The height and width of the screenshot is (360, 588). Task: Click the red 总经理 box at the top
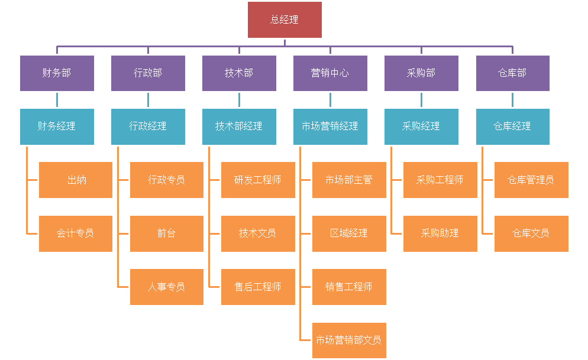tap(285, 20)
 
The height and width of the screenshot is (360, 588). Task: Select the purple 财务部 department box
tap(57, 73)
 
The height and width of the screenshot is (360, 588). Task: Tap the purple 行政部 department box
tap(148, 73)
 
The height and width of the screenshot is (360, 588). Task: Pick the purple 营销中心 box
tap(330, 73)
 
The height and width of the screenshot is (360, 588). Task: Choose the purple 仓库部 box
tap(512, 73)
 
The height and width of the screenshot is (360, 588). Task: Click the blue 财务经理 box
tap(57, 126)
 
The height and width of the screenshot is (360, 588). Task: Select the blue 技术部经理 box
tap(239, 126)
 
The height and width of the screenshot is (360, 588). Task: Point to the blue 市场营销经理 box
tap(330, 126)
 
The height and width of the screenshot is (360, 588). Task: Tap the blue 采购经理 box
tap(421, 126)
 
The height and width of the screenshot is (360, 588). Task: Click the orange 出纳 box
tap(76, 180)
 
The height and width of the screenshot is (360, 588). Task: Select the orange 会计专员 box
tap(76, 233)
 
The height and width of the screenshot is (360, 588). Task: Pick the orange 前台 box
tap(167, 233)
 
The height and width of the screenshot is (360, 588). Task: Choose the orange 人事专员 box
tap(167, 287)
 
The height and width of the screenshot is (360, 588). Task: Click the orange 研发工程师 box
tap(258, 180)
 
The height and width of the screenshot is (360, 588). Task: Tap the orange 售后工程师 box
tap(258, 287)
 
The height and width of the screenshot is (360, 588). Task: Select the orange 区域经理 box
tap(349, 233)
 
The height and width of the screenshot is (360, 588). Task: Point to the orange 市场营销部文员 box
tap(349, 340)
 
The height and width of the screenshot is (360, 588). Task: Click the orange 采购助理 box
tap(440, 233)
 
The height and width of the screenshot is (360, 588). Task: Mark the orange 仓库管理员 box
tap(531, 180)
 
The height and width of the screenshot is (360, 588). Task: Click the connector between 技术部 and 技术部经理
tap(239, 100)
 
